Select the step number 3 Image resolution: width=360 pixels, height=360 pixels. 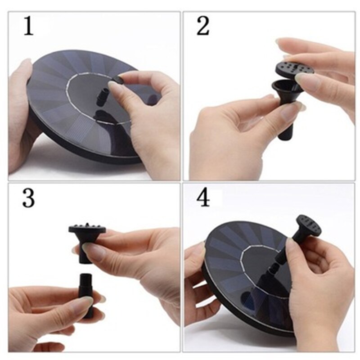pyautogui.click(x=28, y=198)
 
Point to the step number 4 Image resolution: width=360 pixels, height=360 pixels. pyautogui.click(x=203, y=198)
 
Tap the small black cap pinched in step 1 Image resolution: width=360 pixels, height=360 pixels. pyautogui.click(x=118, y=80)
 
